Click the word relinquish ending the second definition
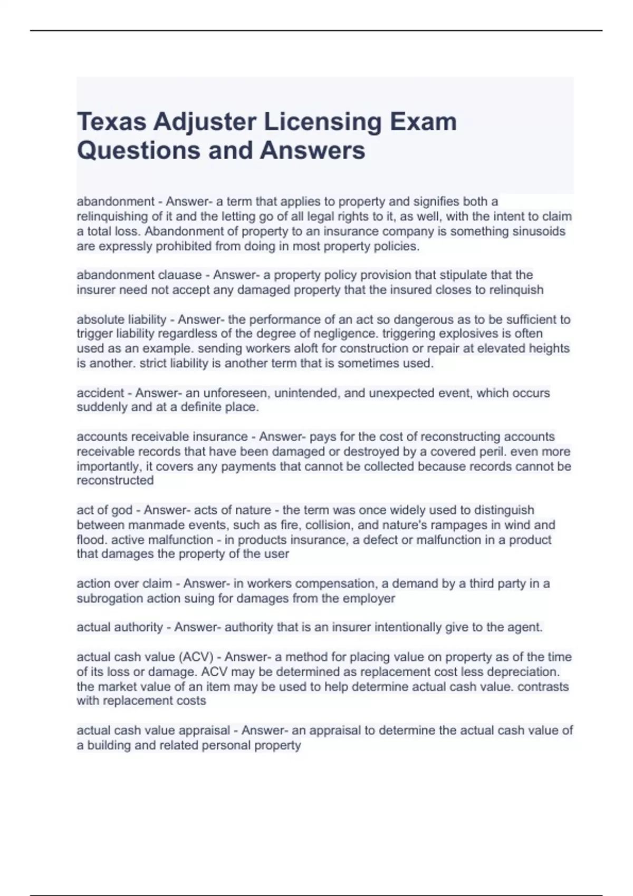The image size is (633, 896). tap(516, 290)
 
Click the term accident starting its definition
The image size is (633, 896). tap(100, 393)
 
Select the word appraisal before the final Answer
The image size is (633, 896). tap(204, 731)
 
